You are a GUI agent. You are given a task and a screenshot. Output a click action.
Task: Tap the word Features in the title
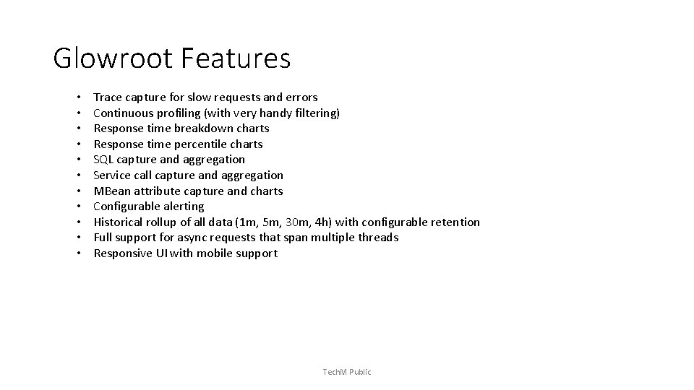pyautogui.click(x=236, y=58)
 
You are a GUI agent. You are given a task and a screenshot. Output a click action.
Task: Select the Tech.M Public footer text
pyautogui.click(x=347, y=372)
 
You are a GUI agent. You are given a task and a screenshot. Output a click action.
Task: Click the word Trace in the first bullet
pyautogui.click(x=108, y=97)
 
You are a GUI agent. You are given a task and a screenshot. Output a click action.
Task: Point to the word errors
pyautogui.click(x=301, y=97)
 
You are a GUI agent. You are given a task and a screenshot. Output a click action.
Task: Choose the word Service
pyautogui.click(x=113, y=175)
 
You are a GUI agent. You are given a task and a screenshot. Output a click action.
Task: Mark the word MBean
pyautogui.click(x=111, y=191)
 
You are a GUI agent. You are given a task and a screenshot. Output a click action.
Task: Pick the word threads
pyautogui.click(x=378, y=238)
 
